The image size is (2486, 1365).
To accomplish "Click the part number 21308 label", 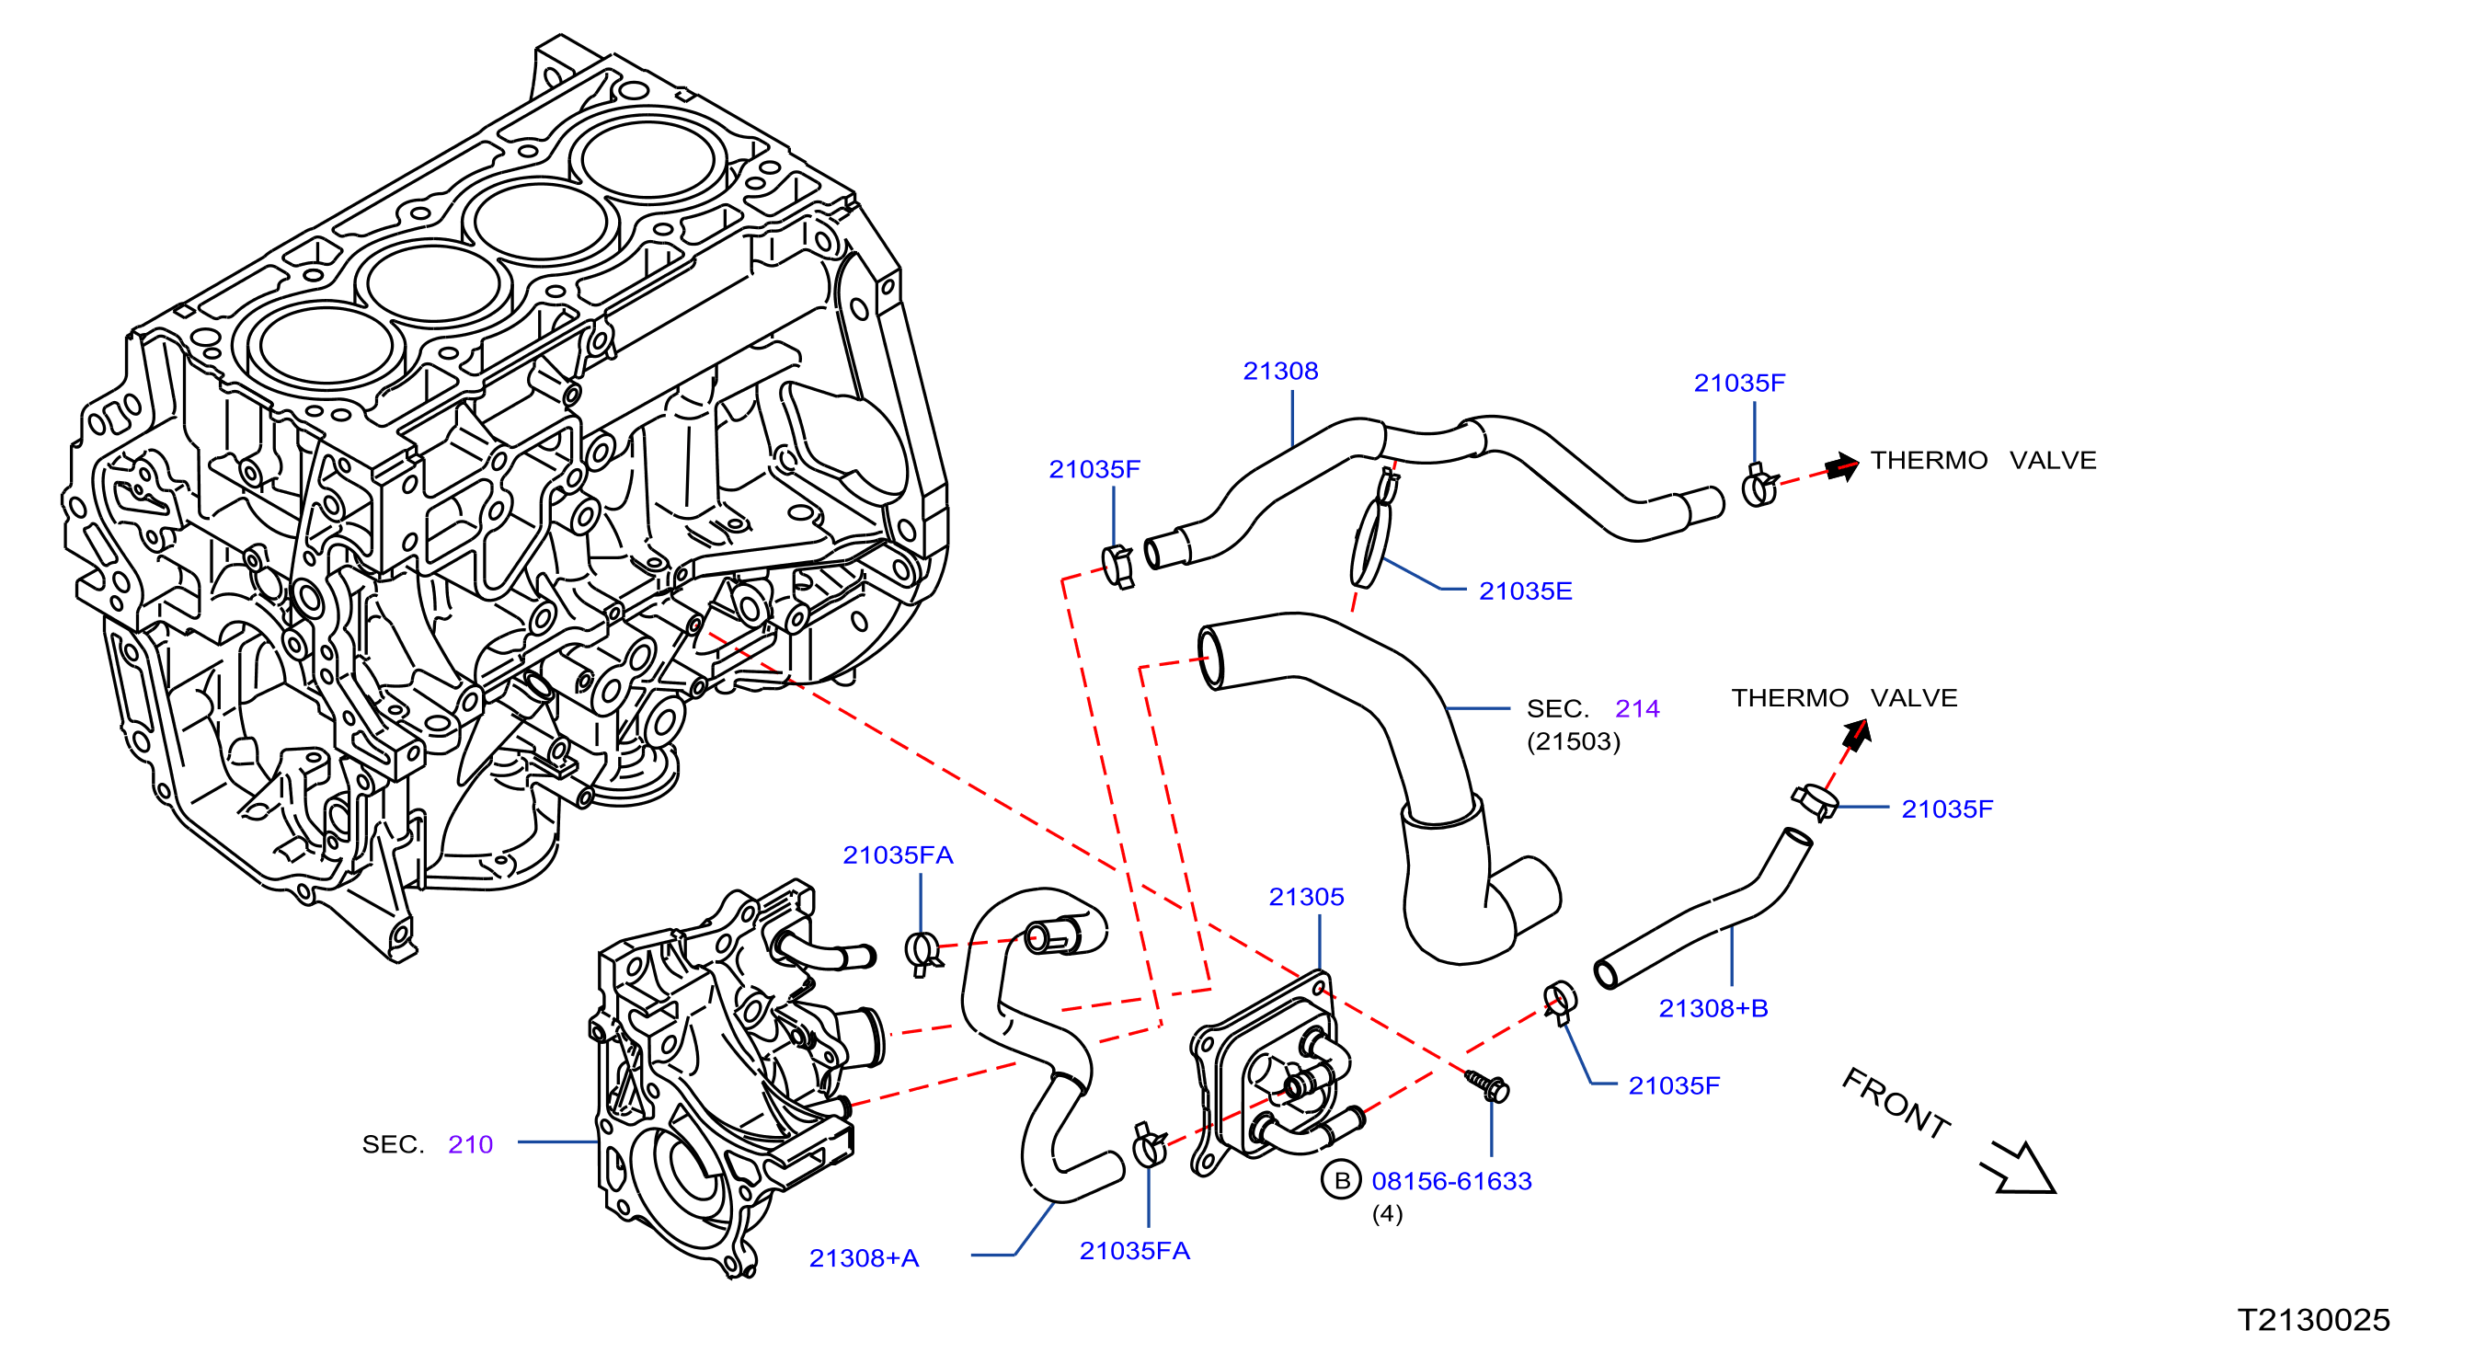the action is pyautogui.click(x=1279, y=371).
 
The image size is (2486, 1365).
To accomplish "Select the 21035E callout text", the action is pyautogui.click(x=1525, y=591).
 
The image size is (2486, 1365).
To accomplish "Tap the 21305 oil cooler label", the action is pyautogui.click(x=1306, y=897).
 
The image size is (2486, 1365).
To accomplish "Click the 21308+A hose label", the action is pyautogui.click(x=864, y=1258).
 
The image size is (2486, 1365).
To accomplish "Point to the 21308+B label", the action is pyautogui.click(x=1713, y=1008).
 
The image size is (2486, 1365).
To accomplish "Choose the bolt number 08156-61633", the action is pyautogui.click(x=1451, y=1181).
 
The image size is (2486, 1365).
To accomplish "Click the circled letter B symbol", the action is pyautogui.click(x=1340, y=1181).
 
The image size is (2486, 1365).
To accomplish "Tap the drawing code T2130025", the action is pyautogui.click(x=2313, y=1320).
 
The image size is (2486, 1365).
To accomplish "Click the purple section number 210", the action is pyautogui.click(x=470, y=1144).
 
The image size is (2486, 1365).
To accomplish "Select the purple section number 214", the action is pyautogui.click(x=1637, y=708).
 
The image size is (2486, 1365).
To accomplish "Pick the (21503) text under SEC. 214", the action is pyautogui.click(x=1573, y=741).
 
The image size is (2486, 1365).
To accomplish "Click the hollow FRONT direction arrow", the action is pyautogui.click(x=2019, y=1168).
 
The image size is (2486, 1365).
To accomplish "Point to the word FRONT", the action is pyautogui.click(x=1896, y=1105).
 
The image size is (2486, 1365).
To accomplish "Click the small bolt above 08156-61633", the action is pyautogui.click(x=1487, y=1085).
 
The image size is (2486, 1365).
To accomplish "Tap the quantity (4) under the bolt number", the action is pyautogui.click(x=1388, y=1213).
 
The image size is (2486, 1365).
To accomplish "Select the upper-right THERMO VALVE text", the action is pyautogui.click(x=1983, y=461).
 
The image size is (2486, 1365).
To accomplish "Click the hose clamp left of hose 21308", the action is pyautogui.click(x=1117, y=567).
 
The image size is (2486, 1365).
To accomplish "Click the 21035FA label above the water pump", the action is pyautogui.click(x=898, y=855).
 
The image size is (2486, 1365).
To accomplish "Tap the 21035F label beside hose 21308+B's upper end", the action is pyautogui.click(x=1946, y=809).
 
